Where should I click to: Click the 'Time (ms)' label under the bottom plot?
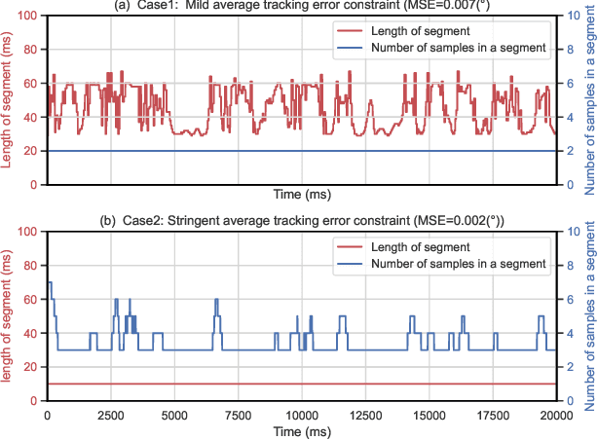click(x=301, y=430)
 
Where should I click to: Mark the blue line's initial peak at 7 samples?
click(x=50, y=283)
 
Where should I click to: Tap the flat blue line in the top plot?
click(x=292, y=151)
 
